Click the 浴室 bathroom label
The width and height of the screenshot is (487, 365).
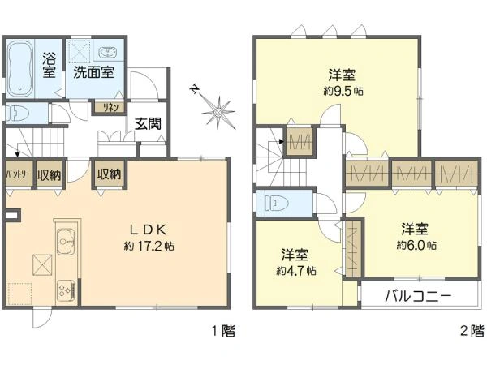[x=49, y=64]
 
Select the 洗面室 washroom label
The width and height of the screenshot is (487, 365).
[x=93, y=71]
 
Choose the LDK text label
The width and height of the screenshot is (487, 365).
[x=146, y=229]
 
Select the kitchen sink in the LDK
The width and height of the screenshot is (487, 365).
[x=65, y=239]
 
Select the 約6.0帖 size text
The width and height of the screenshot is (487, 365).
[x=417, y=244]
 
